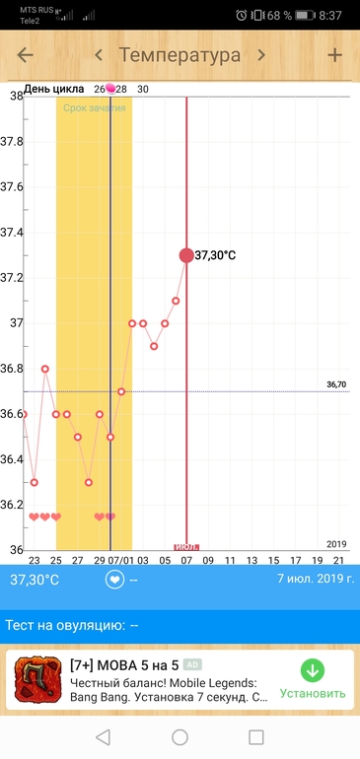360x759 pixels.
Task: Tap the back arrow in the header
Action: pyautogui.click(x=26, y=55)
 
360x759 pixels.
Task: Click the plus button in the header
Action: pyautogui.click(x=334, y=55)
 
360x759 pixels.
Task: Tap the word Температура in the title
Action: pyautogui.click(x=180, y=55)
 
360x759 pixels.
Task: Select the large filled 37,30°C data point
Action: pyautogui.click(x=186, y=255)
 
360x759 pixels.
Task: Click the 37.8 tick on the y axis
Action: pyautogui.click(x=11, y=142)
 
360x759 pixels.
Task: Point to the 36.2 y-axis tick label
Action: pyautogui.click(x=11, y=505)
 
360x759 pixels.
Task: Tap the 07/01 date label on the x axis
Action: pyautogui.click(x=120, y=561)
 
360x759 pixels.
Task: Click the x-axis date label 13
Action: pyautogui.click(x=252, y=561)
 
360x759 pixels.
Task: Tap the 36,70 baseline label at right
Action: pyautogui.click(x=336, y=384)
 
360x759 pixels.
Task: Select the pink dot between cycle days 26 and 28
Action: pyautogui.click(x=110, y=88)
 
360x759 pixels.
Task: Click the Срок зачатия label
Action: pyautogui.click(x=95, y=108)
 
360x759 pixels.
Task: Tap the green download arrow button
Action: pyautogui.click(x=313, y=671)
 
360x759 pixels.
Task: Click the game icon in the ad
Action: pyautogui.click(x=37, y=679)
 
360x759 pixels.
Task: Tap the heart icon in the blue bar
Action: pyautogui.click(x=114, y=580)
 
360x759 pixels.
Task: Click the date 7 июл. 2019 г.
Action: pyautogui.click(x=316, y=579)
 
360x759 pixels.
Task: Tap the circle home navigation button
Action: pyautogui.click(x=180, y=737)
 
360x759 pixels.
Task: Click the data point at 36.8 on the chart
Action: pyautogui.click(x=45, y=369)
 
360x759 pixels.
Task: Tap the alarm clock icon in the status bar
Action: pyautogui.click(x=242, y=15)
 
